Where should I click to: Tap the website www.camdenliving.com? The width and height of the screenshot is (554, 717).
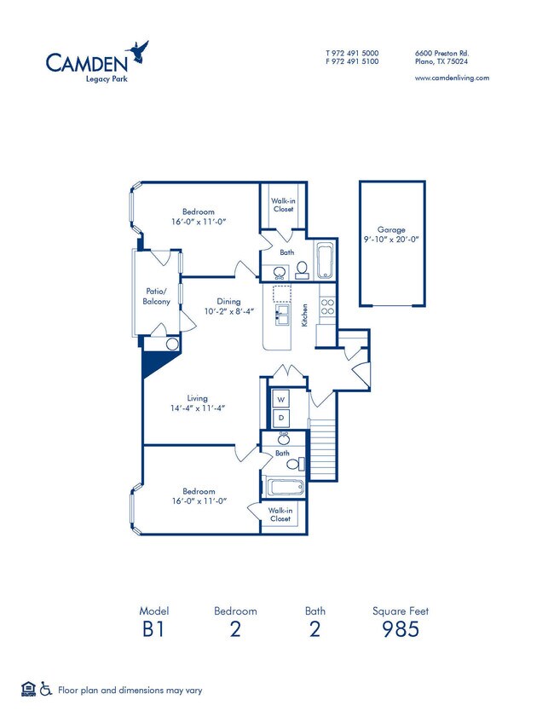pos(451,78)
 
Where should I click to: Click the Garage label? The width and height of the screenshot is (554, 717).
pos(392,229)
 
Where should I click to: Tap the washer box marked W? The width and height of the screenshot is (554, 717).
pos(280,399)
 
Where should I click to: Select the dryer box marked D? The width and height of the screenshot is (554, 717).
pos(280,418)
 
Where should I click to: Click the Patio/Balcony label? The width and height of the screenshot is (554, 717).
pos(156,296)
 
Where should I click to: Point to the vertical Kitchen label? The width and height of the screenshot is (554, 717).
pos(304,315)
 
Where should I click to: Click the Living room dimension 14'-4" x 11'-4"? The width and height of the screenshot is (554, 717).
pos(197,408)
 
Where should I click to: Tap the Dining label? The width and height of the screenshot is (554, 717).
pos(228,301)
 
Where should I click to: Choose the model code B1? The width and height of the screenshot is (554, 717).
pos(153,630)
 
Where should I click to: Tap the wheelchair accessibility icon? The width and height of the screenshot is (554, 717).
pos(46,689)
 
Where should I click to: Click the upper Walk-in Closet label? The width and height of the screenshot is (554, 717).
pos(283,205)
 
